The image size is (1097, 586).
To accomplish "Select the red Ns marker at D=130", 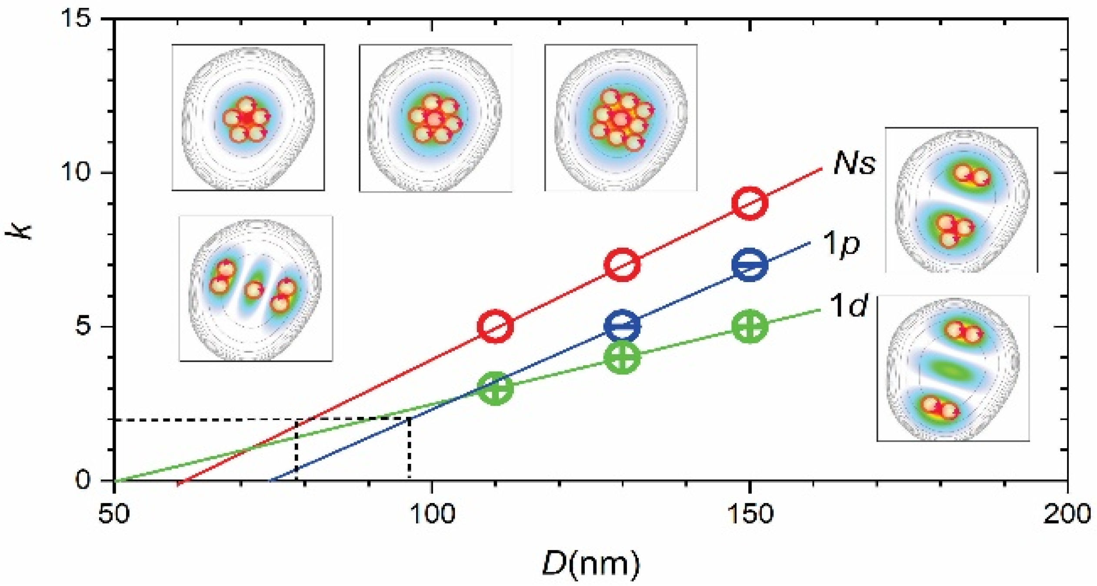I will click(x=623, y=265).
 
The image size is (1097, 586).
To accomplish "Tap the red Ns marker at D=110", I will click(x=495, y=326).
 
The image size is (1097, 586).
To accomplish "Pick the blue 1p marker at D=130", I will click(x=623, y=326).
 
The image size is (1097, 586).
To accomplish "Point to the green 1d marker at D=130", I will click(x=623, y=357).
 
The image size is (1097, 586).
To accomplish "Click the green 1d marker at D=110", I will click(x=495, y=388).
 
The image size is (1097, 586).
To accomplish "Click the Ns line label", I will click(x=854, y=164).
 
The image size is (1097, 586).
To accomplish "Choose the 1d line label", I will click(x=848, y=306).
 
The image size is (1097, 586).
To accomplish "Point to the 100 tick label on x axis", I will click(x=432, y=514).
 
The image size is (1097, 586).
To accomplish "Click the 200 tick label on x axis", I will click(x=1067, y=514).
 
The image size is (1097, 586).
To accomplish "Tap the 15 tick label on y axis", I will click(x=77, y=20).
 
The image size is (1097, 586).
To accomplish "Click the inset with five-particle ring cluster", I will click(x=248, y=117).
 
